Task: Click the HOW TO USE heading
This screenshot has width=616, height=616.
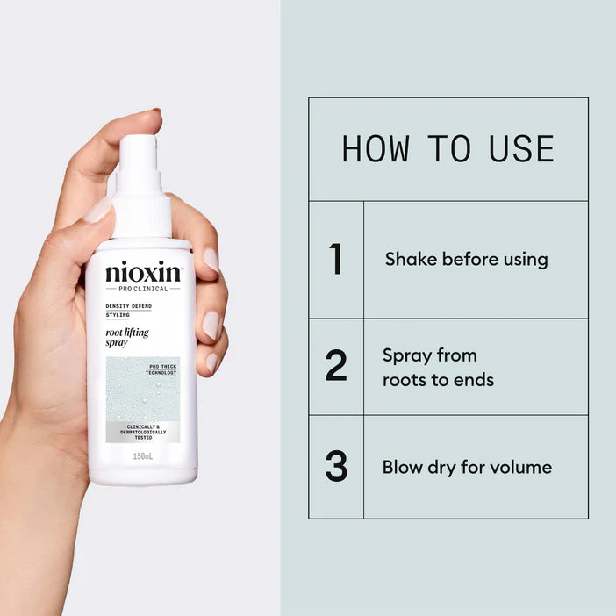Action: (x=448, y=149)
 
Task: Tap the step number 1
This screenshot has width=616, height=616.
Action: (x=335, y=260)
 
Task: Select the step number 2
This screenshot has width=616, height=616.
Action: (x=335, y=367)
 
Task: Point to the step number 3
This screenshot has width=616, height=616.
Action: (x=335, y=467)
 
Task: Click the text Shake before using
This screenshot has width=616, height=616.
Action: (x=466, y=260)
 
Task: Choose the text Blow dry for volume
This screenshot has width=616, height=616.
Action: (x=467, y=467)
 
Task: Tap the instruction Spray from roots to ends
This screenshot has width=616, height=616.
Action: (x=438, y=368)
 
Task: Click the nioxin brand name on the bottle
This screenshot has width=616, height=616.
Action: (x=143, y=273)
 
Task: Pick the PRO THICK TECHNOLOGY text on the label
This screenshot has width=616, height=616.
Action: (x=162, y=369)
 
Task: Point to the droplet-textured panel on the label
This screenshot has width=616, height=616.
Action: (x=132, y=390)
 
